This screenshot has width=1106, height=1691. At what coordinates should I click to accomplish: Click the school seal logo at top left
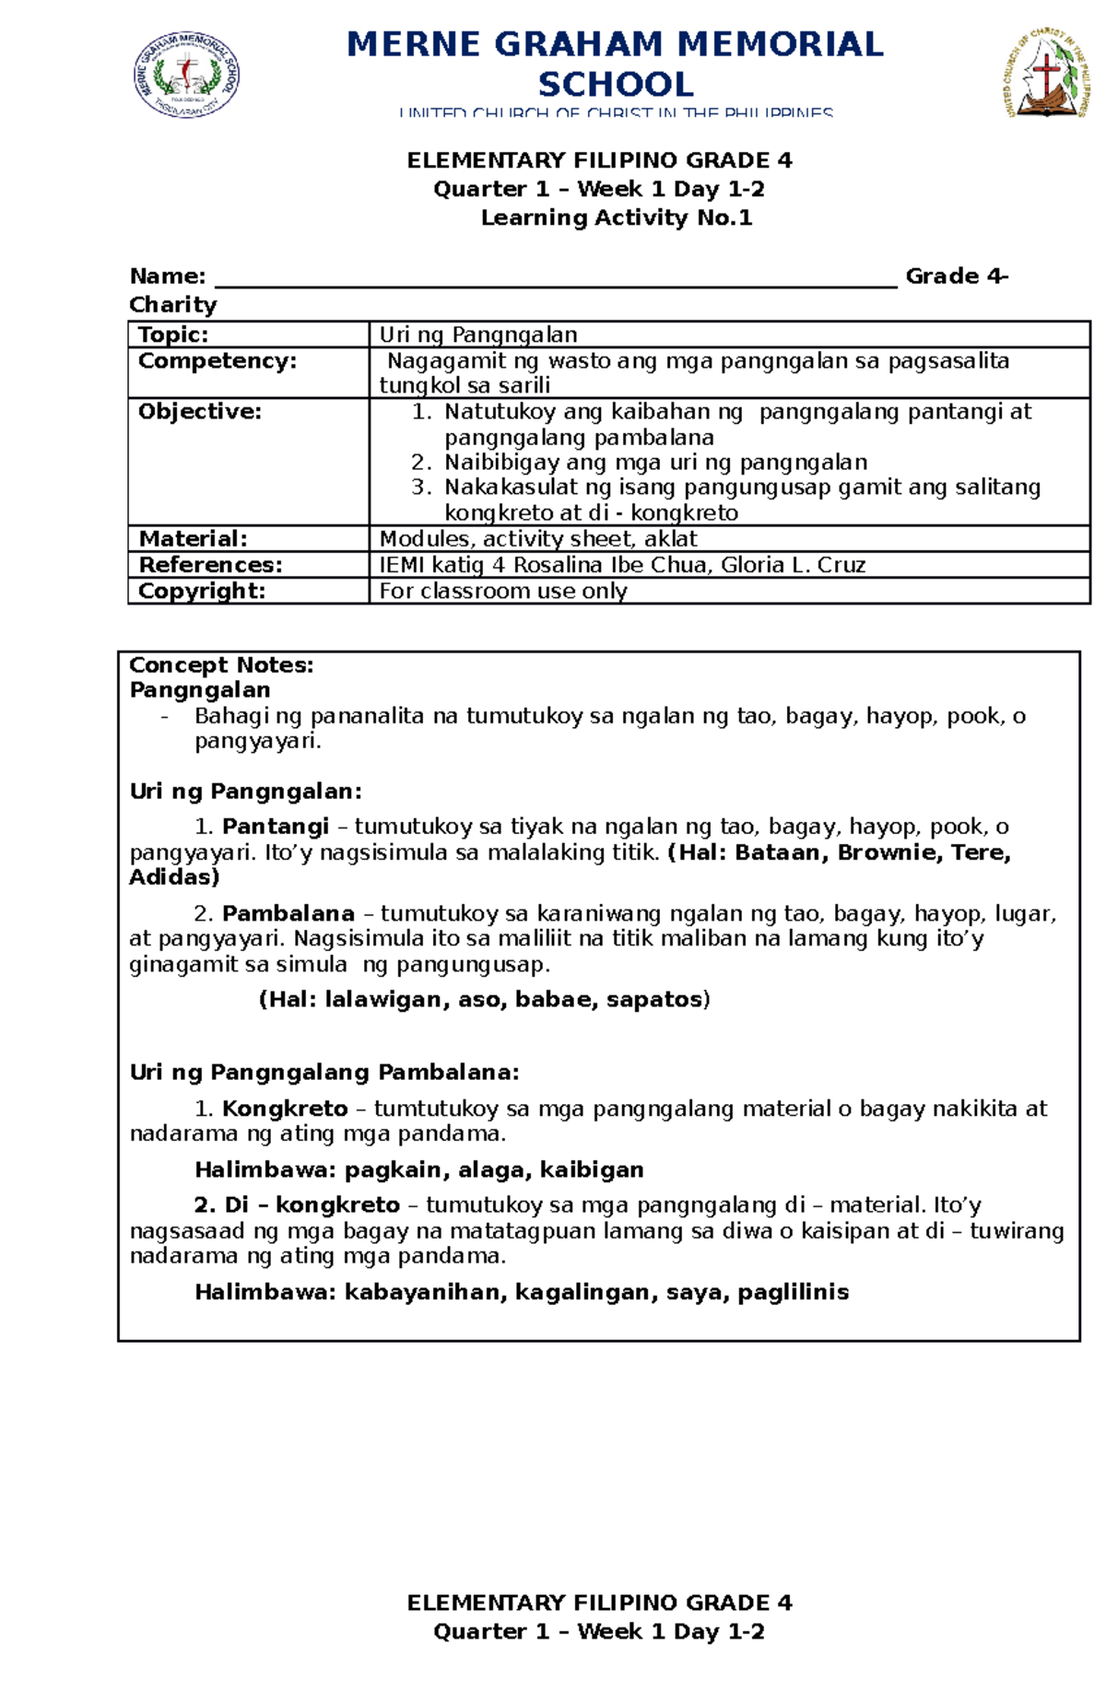click(x=187, y=76)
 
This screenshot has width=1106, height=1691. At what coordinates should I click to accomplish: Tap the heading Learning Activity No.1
click(x=616, y=218)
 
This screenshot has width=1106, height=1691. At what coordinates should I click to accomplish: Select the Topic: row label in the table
click(x=173, y=335)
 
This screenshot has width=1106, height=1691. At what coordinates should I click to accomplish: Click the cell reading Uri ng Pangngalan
click(x=478, y=335)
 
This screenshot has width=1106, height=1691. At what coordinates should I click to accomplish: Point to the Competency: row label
click(x=218, y=360)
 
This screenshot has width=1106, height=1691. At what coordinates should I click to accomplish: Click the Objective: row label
click(x=200, y=411)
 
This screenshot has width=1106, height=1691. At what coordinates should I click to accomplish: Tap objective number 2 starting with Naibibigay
click(x=655, y=462)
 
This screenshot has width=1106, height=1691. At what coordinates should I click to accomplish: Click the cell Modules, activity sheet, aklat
click(x=538, y=538)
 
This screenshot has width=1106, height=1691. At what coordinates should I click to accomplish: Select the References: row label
click(x=210, y=564)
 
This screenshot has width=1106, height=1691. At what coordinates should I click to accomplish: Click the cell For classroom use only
click(x=503, y=591)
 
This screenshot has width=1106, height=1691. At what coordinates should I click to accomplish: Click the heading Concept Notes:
click(x=221, y=664)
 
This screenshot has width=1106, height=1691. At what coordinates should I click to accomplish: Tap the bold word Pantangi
click(x=275, y=827)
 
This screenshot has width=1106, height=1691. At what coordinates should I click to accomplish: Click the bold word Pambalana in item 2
click(x=288, y=913)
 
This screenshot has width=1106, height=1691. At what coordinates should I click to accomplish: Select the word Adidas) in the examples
click(x=174, y=876)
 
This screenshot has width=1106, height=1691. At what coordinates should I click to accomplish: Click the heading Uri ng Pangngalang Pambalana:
click(x=324, y=1072)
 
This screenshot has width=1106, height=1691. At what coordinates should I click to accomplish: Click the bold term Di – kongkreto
click(x=297, y=1204)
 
